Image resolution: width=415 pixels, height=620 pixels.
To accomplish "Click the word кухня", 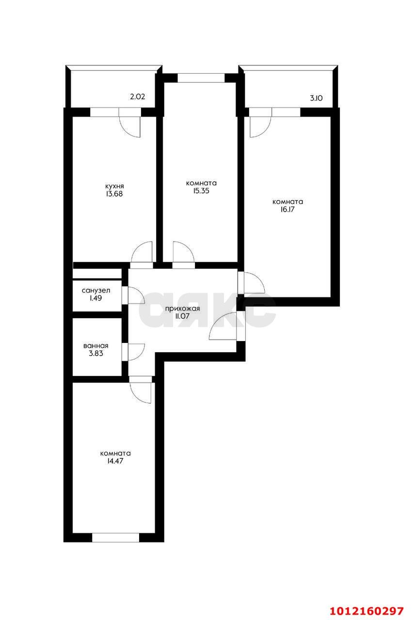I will [115, 186].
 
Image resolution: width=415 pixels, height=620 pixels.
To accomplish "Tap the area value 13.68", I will [115, 194].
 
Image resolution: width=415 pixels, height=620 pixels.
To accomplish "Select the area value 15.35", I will [201, 191].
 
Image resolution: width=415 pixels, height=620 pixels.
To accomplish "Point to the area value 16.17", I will [287, 210].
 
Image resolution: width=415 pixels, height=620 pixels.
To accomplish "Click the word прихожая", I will [183, 309].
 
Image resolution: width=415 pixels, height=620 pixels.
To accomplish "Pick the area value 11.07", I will [183, 317].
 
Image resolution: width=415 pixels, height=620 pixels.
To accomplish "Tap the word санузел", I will [96, 291].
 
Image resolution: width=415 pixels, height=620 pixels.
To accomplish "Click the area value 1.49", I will [96, 299].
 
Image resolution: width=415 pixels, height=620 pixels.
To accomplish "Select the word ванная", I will [96, 346].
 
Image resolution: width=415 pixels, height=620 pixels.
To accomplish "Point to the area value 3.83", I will [96, 354].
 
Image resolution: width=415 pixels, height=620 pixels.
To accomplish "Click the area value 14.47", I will [115, 462].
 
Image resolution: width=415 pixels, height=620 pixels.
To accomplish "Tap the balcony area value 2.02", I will [138, 97].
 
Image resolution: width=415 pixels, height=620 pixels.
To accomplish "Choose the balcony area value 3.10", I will [317, 98].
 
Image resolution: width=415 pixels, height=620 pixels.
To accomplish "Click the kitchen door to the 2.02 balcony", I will [129, 125].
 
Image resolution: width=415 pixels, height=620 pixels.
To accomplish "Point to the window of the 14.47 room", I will [115, 537].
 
